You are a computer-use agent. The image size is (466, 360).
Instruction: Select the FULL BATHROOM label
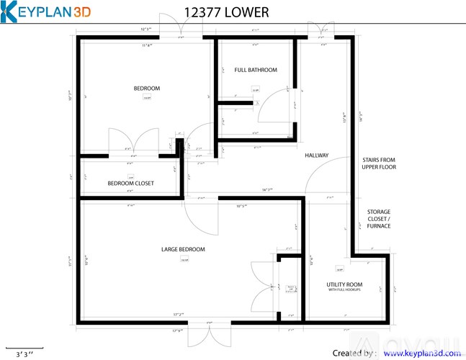coord(256,70)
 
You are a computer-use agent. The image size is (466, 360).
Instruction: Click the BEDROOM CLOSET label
coord(130,184)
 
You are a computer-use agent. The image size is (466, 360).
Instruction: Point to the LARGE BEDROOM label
coord(183,249)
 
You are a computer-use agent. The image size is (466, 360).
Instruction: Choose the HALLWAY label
coord(316,156)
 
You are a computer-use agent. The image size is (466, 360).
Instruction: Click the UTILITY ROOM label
coord(344,284)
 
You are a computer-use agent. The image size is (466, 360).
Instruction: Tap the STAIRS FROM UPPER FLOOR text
coord(379,163)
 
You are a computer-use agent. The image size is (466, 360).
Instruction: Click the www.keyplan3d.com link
coord(421,354)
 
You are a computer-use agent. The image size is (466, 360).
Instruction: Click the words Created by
coord(354,354)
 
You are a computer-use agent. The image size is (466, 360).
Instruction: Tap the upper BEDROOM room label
coord(146,89)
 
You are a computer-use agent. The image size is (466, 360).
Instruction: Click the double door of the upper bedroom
coord(133,140)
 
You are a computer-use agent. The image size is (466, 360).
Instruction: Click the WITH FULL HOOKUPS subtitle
coord(344,290)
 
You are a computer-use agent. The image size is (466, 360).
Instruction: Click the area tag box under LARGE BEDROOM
coord(184,260)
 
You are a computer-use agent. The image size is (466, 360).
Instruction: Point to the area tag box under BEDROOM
coord(147,98)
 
